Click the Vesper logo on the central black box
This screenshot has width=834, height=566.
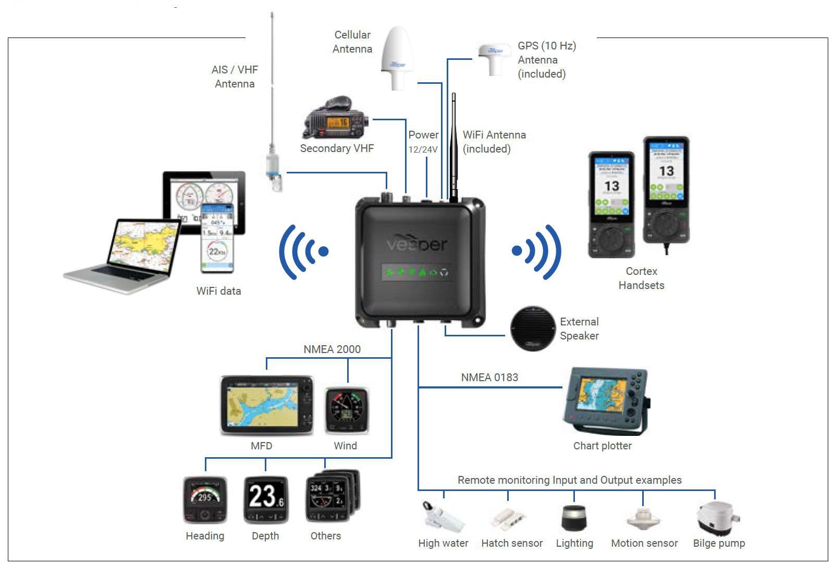417,243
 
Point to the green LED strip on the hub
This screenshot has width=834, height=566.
416,272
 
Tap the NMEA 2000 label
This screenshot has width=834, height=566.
332,349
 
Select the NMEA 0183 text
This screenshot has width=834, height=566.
489,378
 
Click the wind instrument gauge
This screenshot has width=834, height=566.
347,410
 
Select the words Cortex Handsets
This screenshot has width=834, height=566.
641,278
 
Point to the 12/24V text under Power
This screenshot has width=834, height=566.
423,149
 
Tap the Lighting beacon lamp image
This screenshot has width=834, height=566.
574,517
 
